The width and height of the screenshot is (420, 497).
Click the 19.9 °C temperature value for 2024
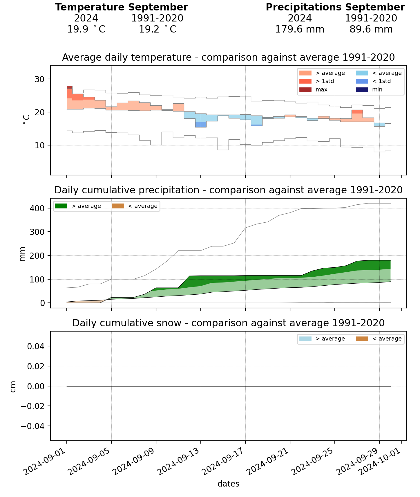tap(86, 29)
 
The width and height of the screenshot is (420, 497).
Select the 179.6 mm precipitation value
tap(300, 29)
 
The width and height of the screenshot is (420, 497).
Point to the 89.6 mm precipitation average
tap(371, 29)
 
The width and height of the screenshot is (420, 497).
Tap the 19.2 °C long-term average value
tap(157, 29)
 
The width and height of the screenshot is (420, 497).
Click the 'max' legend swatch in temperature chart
tap(305, 90)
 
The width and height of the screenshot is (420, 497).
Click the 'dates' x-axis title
tap(228, 484)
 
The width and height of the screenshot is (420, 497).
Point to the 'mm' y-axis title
tap(22, 254)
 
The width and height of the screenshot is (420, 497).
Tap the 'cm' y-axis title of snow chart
tap(13, 386)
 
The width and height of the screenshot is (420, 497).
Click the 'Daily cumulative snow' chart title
tap(228, 323)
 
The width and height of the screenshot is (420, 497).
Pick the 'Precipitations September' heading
tap(335, 7)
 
